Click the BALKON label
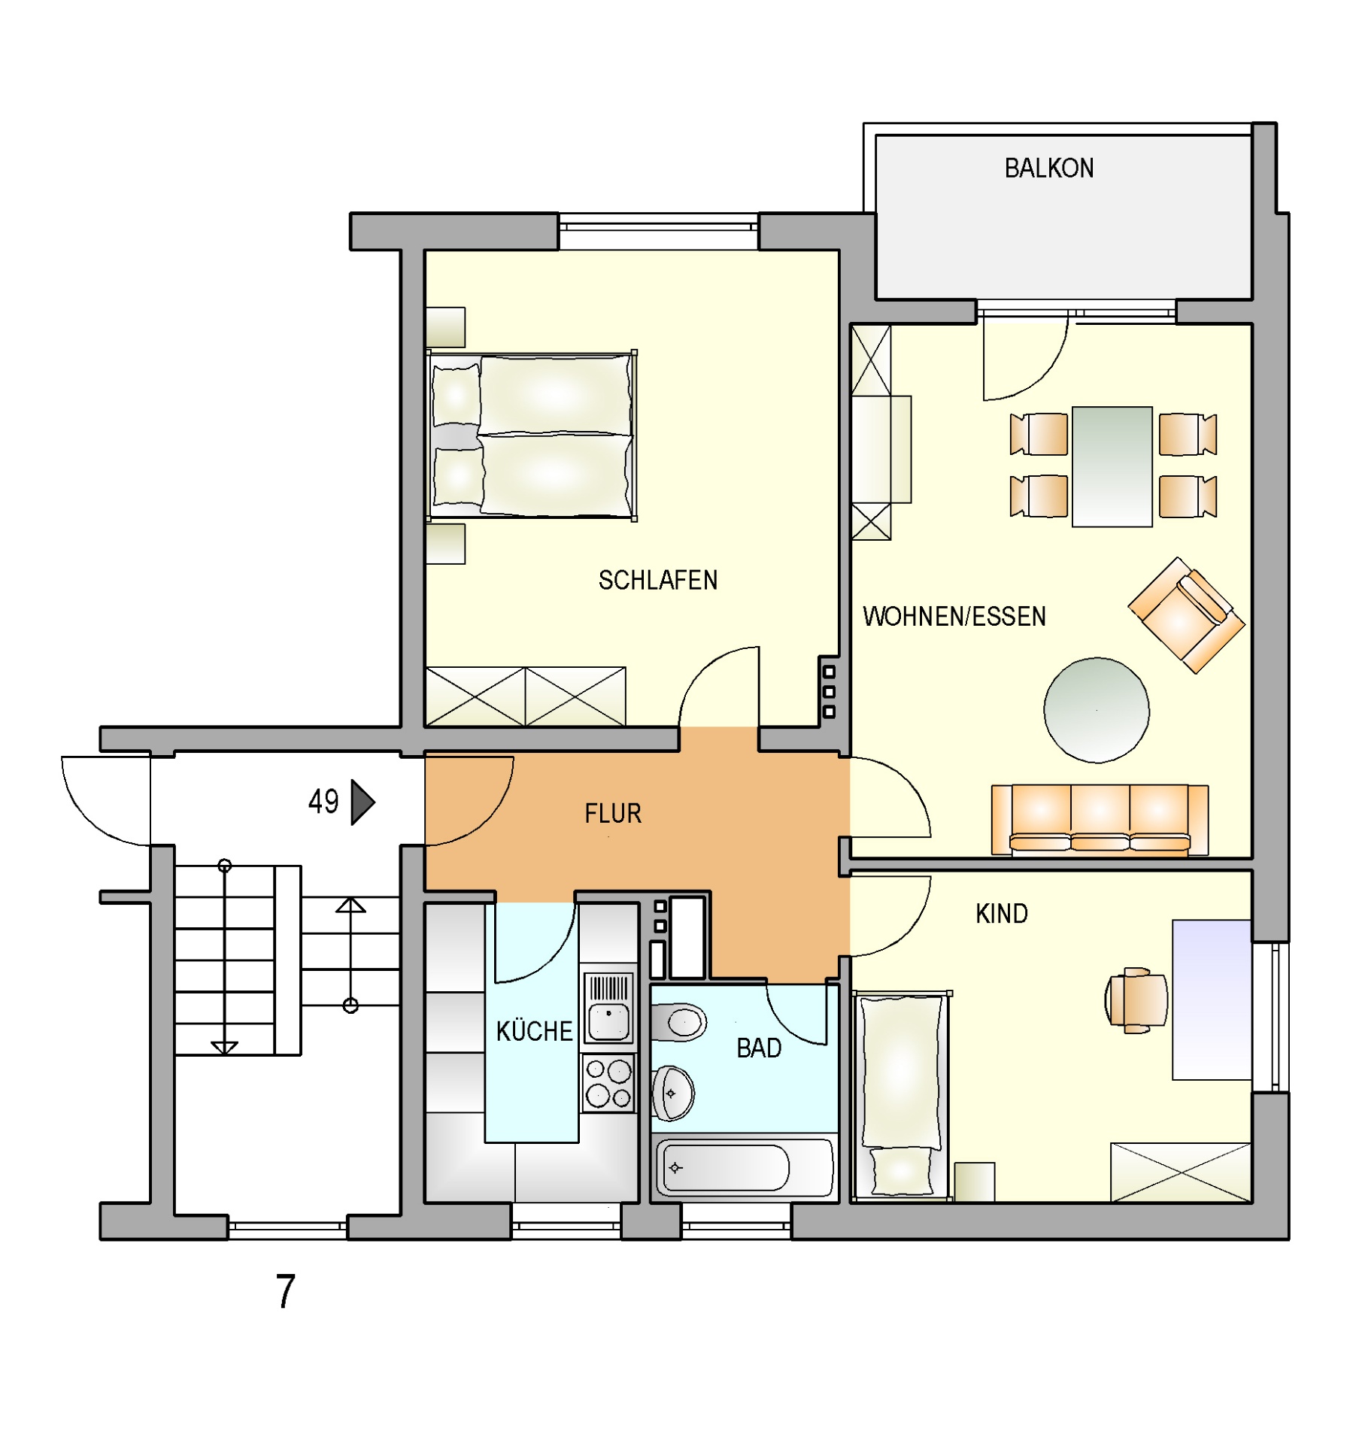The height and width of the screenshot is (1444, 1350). [x=1048, y=168]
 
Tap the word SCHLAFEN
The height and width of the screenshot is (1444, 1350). [x=657, y=580]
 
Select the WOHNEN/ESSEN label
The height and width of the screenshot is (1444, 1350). [x=954, y=616]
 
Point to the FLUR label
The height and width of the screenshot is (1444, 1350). [x=613, y=813]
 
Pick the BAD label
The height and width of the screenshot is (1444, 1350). [x=758, y=1048]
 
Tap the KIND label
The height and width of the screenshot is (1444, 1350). [x=1001, y=914]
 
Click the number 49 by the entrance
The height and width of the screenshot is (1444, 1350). [x=323, y=802]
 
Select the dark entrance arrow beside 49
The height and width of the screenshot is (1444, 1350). [x=363, y=802]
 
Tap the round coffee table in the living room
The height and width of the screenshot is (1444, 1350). [x=1096, y=710]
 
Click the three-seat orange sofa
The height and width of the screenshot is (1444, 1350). [x=1100, y=820]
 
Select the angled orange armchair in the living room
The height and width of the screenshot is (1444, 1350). [x=1186, y=615]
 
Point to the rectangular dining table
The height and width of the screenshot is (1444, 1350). [x=1112, y=466]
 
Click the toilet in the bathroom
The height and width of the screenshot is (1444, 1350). [x=678, y=1022]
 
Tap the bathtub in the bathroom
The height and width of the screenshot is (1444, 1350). [x=745, y=1167]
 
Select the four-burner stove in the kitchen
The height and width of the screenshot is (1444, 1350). [x=608, y=1084]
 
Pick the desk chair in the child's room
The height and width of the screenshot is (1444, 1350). [x=1136, y=1000]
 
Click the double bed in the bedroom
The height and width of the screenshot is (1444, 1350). [x=531, y=436]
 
